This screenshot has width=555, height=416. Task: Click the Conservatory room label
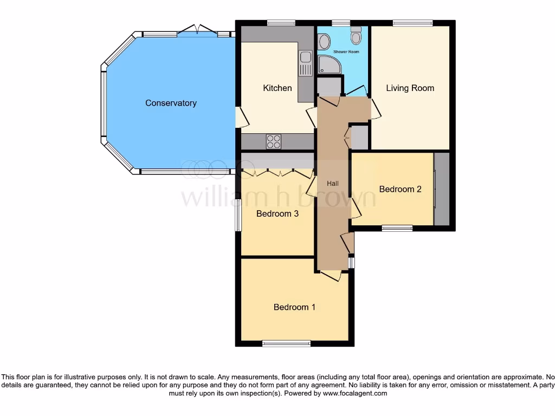[x=171, y=103]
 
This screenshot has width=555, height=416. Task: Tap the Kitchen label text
[x=277, y=88]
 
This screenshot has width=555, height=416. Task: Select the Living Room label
[x=410, y=88]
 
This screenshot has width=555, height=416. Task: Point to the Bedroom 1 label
[x=294, y=307]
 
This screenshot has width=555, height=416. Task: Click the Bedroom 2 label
[x=400, y=189]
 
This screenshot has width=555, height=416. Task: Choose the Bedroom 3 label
[x=277, y=213]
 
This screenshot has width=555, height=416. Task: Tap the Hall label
[x=333, y=184]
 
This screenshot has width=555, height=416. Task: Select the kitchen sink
[x=305, y=63]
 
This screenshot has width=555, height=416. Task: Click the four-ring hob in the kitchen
[x=274, y=141]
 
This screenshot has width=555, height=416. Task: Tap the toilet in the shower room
[x=356, y=36]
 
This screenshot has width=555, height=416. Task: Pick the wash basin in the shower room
[x=324, y=41]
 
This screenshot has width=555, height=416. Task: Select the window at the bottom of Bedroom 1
[x=286, y=343]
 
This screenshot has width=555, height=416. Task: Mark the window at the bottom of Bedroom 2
[x=397, y=228]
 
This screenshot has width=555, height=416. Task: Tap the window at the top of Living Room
[x=412, y=23]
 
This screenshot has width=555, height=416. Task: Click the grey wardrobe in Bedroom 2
[x=442, y=189]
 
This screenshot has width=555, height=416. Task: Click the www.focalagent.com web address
[x=354, y=393]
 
